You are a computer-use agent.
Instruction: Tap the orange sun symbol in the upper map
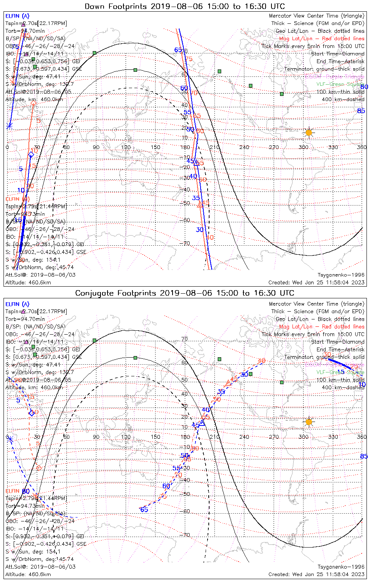click(309, 133)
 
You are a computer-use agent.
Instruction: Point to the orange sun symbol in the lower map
click(309, 422)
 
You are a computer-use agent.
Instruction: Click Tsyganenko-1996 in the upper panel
click(341, 275)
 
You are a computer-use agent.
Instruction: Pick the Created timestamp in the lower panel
click(316, 574)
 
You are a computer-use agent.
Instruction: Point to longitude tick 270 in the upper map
click(274, 147)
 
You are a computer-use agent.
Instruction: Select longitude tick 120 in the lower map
click(126, 437)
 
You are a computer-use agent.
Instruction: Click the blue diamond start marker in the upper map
click(31, 155)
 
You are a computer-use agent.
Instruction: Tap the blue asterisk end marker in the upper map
click(9, 126)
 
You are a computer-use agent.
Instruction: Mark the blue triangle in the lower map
click(202, 422)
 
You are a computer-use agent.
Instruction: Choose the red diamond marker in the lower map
click(39, 468)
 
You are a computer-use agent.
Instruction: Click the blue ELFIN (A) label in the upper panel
click(17, 16)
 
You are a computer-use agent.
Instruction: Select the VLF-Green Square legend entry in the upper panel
click(340, 84)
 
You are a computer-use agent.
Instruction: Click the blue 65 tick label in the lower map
click(144, 510)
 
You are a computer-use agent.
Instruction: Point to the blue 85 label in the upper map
click(361, 111)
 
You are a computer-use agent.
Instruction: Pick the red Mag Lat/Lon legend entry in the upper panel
click(322, 39)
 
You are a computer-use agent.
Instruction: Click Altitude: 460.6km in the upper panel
click(28, 282)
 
